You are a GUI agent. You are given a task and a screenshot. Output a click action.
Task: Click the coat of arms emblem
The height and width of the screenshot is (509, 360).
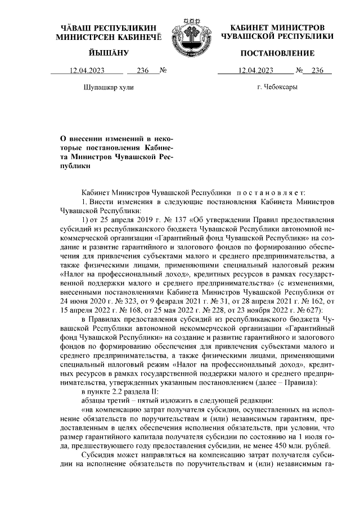tap(180, 33)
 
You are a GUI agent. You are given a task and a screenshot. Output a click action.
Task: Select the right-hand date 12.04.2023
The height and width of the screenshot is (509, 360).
tap(256, 70)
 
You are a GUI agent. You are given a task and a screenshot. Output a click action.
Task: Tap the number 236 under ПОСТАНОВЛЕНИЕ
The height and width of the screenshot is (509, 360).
tap(318, 70)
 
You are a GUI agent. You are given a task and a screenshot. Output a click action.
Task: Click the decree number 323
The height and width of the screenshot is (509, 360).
tap(125, 300)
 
